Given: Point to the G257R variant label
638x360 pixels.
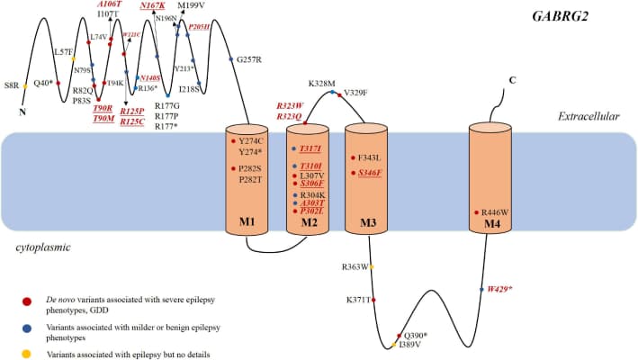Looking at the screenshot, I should (248, 59).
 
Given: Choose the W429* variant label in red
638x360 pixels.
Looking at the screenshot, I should (500, 289).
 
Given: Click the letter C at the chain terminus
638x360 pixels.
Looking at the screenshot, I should (512, 81).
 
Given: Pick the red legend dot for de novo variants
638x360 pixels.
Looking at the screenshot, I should (27, 299).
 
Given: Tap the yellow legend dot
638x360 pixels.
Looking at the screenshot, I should (27, 353).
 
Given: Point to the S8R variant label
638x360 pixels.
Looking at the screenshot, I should (12, 85).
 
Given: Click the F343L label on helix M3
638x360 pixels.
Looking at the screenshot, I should (372, 157).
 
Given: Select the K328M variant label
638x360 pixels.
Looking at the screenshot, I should (322, 83).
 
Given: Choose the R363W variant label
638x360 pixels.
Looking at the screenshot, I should (355, 267).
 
